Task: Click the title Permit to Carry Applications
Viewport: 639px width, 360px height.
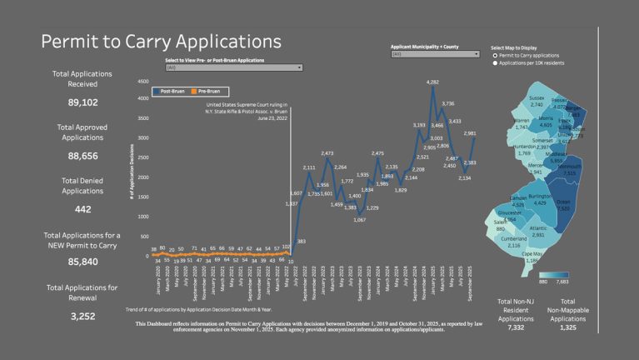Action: click(161, 42)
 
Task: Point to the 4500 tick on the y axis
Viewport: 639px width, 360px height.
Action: click(142, 82)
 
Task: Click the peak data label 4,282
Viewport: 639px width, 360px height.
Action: click(432, 82)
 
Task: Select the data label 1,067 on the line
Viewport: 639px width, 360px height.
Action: click(359, 219)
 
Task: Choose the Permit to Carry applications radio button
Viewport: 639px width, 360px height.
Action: click(496, 55)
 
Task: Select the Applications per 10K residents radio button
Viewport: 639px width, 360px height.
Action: click(496, 62)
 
